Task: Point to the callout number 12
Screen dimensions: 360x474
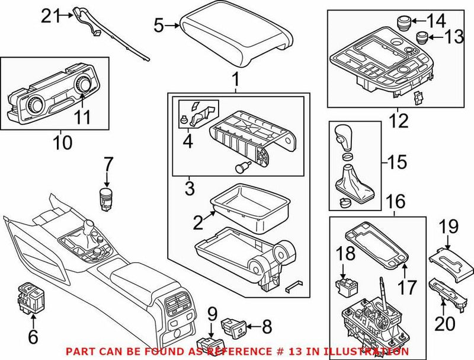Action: coord(398,122)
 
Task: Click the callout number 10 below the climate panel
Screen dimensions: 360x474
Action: coord(62,142)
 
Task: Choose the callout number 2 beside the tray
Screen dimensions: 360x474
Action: coord(197,223)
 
